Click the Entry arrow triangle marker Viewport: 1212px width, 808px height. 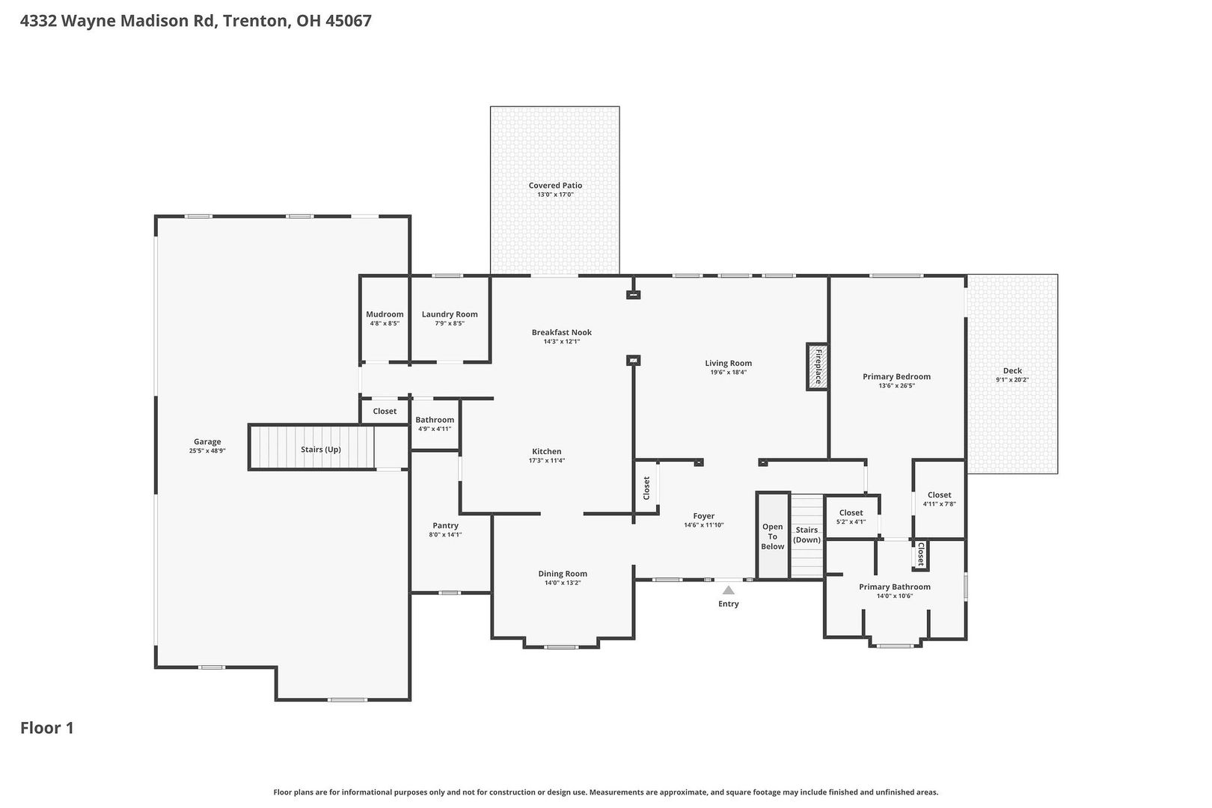(x=728, y=590)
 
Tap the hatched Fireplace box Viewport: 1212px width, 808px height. (x=817, y=366)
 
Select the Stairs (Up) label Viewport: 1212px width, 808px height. (x=321, y=449)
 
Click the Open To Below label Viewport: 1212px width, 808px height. (x=772, y=536)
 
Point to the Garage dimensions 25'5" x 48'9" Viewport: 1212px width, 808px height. (x=207, y=450)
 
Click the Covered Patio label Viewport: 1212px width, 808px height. (x=555, y=185)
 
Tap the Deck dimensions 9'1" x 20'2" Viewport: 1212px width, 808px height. (x=1011, y=379)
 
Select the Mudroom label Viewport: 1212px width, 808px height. (x=385, y=314)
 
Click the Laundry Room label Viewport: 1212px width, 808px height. (x=450, y=314)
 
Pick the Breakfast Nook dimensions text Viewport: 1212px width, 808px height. (x=562, y=341)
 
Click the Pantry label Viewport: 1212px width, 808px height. (x=445, y=525)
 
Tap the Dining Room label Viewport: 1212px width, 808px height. (x=562, y=574)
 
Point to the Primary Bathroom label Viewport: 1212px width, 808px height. (x=894, y=587)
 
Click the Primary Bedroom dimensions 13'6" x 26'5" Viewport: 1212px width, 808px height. (x=896, y=386)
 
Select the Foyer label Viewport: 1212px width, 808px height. (x=703, y=515)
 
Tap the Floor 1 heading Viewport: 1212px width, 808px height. (x=46, y=728)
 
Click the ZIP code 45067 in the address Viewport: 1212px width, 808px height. (x=349, y=20)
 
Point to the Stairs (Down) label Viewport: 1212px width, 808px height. (x=807, y=535)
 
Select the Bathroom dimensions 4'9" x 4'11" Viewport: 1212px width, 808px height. (x=435, y=429)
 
